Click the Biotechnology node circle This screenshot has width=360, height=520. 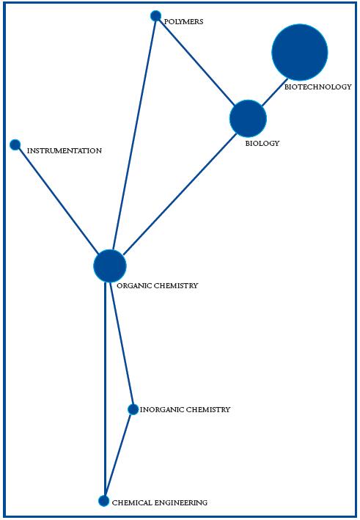click(299, 52)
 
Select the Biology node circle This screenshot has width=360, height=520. click(248, 119)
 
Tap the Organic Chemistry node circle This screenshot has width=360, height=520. click(110, 266)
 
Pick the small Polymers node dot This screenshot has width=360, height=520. click(155, 16)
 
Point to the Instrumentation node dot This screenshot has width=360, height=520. click(15, 144)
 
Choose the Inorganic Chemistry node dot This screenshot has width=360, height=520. click(133, 409)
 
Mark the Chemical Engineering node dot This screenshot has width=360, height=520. click(104, 501)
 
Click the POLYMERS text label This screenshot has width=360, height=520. click(184, 22)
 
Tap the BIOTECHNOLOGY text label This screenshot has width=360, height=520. click(317, 87)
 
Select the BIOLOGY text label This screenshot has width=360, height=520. click(262, 144)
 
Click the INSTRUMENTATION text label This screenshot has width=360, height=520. click(64, 151)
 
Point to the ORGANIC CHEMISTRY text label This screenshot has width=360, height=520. click(157, 286)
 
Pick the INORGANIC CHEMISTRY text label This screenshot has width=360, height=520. click(185, 410)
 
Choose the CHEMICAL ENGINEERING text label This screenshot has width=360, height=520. click(159, 503)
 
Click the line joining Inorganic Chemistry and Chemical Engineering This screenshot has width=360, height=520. click(119, 455)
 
